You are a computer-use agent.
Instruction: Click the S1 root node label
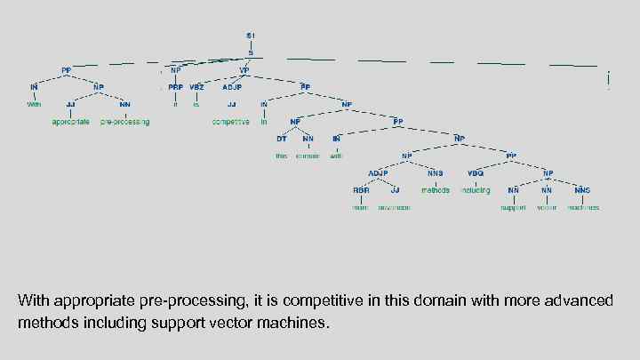[x=251, y=36]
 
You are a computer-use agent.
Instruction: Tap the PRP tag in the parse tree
[x=176, y=87]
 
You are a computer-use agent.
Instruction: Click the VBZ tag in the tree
[x=196, y=87]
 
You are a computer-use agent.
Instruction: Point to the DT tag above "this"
[x=281, y=139]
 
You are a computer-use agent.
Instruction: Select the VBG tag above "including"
[x=476, y=173]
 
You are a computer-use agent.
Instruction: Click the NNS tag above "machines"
[x=582, y=190]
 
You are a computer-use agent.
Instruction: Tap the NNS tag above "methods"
[x=436, y=173]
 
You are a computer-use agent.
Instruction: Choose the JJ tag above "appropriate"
[x=70, y=104]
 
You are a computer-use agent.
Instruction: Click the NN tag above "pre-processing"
[x=125, y=104]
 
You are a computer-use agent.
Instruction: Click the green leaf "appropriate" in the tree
[x=70, y=122]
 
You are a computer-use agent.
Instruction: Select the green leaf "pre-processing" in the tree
[x=125, y=122]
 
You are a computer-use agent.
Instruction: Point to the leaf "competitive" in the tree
[x=231, y=122]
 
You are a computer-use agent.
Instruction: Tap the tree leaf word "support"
[x=514, y=207]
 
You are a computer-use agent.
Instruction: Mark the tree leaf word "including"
[x=476, y=190]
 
